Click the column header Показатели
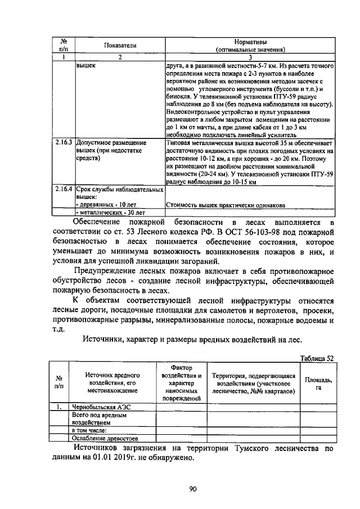coord(120,45)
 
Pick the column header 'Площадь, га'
coord(318,384)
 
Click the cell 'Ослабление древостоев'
coord(105,438)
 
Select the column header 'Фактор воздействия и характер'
coord(181,383)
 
